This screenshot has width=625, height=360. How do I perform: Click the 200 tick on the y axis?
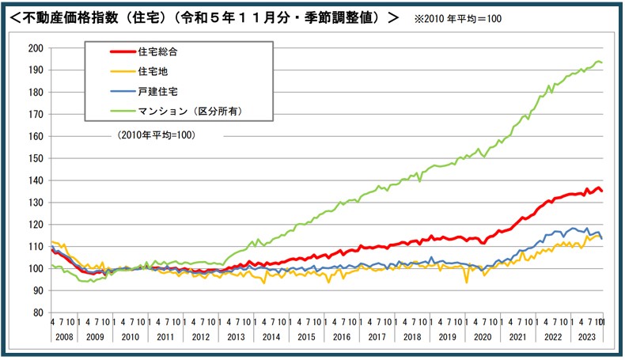pos(36,47)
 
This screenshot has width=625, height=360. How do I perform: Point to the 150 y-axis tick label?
pos(36,157)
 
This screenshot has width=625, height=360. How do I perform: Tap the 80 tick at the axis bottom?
pos(38,313)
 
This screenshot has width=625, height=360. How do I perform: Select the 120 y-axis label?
pos(36,224)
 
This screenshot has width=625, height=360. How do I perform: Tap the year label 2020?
pos(481,335)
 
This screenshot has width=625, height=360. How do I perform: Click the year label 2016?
pos(343,335)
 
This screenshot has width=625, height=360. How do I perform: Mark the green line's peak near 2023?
pos(598,61)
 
